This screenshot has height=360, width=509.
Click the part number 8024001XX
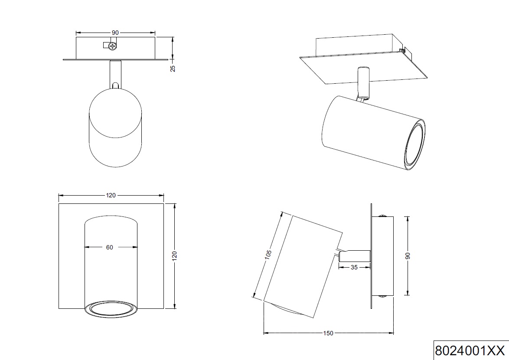(470, 350)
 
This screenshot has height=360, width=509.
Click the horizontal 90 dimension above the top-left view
(115, 33)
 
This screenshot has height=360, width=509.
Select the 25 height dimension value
(173, 68)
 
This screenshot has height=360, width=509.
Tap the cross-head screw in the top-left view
(113, 46)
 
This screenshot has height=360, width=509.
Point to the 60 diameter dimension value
(109, 247)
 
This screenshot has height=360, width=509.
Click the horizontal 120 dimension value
(111, 196)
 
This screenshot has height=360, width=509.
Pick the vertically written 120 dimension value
(175, 256)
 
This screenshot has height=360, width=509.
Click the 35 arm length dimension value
(354, 268)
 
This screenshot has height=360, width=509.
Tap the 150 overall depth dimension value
(328, 333)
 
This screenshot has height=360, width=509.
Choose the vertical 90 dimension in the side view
(408, 256)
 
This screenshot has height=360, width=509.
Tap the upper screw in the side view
(382, 216)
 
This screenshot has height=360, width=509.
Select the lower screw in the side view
(382, 297)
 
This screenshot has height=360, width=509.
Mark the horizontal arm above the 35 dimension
(354, 256)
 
